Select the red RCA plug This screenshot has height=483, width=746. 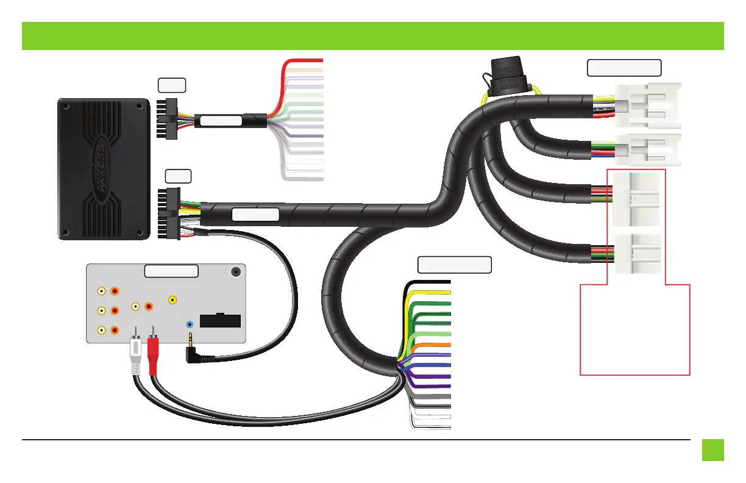tap(153, 357)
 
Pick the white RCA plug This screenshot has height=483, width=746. tap(135, 357)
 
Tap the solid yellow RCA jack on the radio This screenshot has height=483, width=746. tap(173, 300)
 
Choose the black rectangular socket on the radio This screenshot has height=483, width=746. tap(220, 321)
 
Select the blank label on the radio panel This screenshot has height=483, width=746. tap(171, 271)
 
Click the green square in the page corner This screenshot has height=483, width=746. tap(712, 451)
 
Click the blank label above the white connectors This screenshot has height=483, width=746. tap(624, 68)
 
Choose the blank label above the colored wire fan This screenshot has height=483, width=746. tap(454, 265)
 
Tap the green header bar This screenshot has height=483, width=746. tap(373, 36)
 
